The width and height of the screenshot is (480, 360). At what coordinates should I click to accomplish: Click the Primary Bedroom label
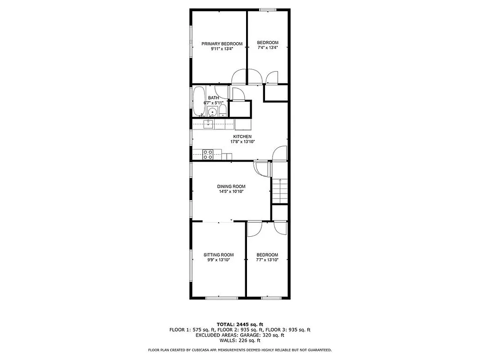[222, 44]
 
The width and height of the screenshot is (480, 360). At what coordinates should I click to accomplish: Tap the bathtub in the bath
[198, 101]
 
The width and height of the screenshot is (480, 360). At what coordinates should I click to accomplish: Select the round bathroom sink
[212, 112]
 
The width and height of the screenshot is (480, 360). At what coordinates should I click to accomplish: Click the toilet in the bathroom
[222, 111]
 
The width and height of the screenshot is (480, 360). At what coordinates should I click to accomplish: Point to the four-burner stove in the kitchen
[208, 154]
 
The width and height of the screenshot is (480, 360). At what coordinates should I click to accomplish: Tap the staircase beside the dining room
[279, 190]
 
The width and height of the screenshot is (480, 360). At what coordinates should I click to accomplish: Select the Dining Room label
[231, 186]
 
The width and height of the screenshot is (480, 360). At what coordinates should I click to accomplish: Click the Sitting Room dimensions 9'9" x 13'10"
[219, 260]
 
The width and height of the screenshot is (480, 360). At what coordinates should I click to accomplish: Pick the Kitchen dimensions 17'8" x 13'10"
[242, 142]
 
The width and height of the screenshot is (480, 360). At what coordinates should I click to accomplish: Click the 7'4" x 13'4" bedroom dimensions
[268, 47]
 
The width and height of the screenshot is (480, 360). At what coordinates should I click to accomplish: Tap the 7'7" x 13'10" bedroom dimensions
[267, 260]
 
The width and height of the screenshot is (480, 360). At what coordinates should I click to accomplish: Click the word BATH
[213, 98]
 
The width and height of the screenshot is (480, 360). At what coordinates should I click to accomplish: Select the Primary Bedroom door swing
[239, 76]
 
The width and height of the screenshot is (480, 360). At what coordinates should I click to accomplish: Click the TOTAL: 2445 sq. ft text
[240, 324]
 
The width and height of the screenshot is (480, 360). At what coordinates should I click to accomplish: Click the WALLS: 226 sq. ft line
[240, 340]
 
